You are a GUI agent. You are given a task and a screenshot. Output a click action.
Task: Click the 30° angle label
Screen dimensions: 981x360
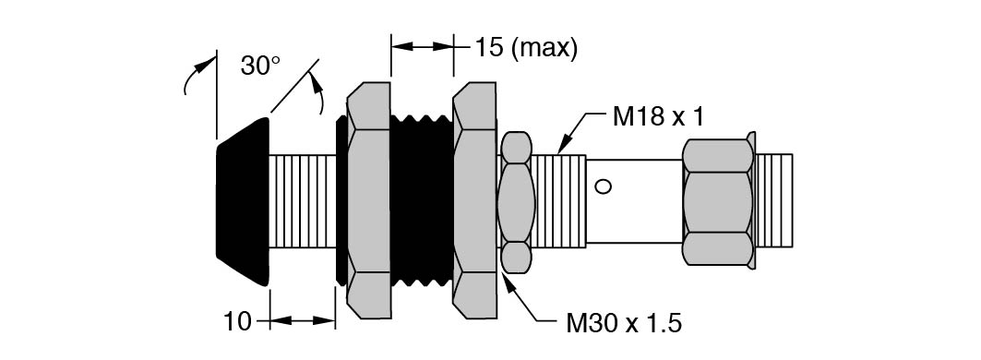(x=260, y=66)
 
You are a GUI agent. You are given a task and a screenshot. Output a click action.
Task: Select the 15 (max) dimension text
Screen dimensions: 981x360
(x=525, y=48)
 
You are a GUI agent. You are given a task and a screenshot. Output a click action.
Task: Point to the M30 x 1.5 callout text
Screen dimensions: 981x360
(x=624, y=324)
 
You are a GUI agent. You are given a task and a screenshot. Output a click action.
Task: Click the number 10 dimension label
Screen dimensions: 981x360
(x=237, y=322)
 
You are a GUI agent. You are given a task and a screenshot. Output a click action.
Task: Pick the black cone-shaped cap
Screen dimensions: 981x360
(x=243, y=201)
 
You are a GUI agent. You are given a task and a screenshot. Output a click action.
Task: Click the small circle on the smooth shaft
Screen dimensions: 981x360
(x=603, y=186)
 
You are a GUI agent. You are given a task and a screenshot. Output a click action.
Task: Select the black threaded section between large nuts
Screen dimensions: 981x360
(x=422, y=201)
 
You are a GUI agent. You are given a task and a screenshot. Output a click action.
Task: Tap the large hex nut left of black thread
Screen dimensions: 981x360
(x=368, y=201)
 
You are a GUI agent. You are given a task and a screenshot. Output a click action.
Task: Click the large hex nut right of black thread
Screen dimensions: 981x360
(x=474, y=201)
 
